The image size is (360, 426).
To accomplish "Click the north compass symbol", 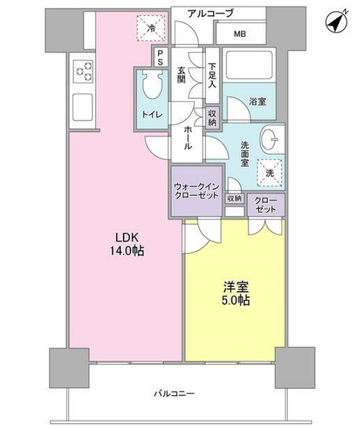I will point(337,23).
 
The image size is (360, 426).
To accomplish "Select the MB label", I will point(240,34).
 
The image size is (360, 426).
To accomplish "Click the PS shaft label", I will point(161,58).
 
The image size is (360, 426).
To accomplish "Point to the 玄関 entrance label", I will point(181,75).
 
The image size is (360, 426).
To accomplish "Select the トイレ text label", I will point(152,114).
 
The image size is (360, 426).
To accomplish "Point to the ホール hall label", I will point(188,136).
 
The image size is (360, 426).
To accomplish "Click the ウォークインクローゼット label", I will point(197,189).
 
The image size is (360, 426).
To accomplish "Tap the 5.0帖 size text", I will point(237,301).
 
